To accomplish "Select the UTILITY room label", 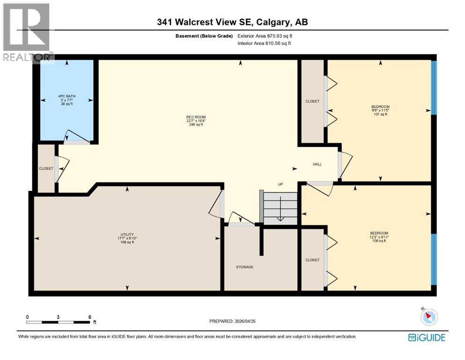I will click(x=127, y=238).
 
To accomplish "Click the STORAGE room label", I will click(x=244, y=267).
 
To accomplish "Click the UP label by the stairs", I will click(x=280, y=184).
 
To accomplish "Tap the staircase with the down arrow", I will click(x=280, y=209).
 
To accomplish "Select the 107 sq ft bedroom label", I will click(x=380, y=110).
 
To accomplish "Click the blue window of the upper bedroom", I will click(x=433, y=88).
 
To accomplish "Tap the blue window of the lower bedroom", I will click(x=433, y=259).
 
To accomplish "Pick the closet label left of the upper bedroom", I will click(x=312, y=101).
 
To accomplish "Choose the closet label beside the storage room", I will click(x=312, y=260).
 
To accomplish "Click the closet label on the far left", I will click(x=46, y=168).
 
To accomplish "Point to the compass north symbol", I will click(x=428, y=316).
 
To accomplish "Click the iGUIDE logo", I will click(x=427, y=337).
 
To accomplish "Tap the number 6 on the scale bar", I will click(x=89, y=317).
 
